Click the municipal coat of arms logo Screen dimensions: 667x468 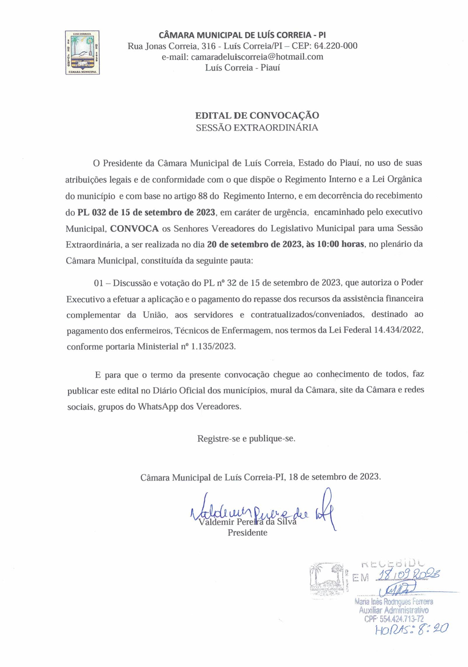82,52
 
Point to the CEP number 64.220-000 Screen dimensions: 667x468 336,46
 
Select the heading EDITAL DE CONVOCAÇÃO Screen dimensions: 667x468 257,115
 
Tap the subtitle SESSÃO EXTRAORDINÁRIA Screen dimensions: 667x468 257,128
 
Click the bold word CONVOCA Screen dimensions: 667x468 134,228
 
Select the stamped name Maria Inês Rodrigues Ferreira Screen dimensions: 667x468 394,601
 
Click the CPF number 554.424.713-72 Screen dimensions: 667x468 394,618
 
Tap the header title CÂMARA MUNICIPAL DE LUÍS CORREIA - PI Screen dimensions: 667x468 242,35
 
